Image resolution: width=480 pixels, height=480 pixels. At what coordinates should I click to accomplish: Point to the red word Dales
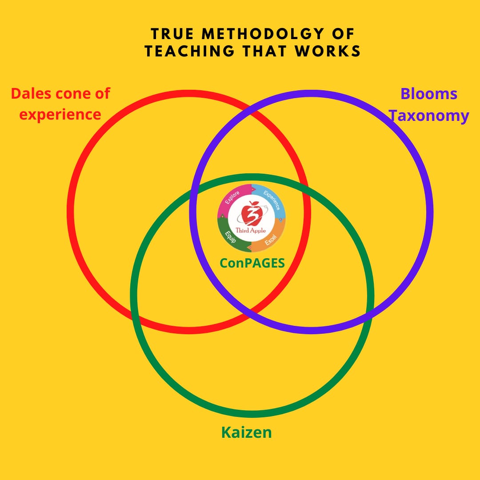33,94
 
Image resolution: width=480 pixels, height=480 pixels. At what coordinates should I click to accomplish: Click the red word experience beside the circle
60,115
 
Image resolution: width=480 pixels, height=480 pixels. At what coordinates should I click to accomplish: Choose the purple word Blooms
429,94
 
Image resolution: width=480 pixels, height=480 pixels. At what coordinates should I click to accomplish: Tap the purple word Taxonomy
429,116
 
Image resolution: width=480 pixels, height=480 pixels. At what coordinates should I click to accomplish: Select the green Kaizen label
246,432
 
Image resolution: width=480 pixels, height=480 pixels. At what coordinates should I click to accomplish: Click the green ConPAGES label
252,263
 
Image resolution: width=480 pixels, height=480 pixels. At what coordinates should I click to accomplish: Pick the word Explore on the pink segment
232,197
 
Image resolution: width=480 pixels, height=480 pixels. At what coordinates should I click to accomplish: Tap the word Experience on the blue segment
272,200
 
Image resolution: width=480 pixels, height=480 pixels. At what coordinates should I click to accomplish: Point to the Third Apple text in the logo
252,230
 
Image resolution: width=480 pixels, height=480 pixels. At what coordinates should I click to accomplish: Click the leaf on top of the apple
255,204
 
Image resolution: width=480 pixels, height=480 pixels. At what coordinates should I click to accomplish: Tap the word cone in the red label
80,94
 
